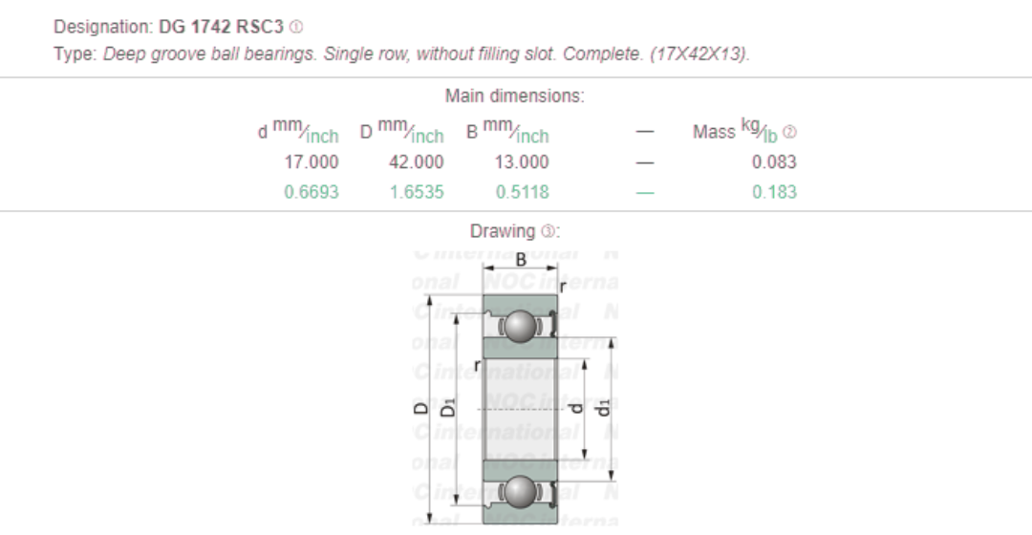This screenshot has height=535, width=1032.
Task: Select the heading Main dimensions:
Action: pyautogui.click(x=515, y=96)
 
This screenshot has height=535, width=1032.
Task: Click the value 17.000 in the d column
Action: pyautogui.click(x=311, y=162)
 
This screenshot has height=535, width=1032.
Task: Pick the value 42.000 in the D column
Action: pyautogui.click(x=416, y=162)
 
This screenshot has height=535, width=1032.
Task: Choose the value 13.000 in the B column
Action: pyautogui.click(x=521, y=162)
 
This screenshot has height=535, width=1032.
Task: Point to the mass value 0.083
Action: pyautogui.click(x=774, y=162)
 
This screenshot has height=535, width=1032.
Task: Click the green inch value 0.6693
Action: pyautogui.click(x=311, y=192)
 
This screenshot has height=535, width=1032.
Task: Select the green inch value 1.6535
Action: pyautogui.click(x=416, y=192)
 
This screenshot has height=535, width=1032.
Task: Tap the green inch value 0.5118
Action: pyautogui.click(x=522, y=192)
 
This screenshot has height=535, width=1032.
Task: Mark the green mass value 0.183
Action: pyautogui.click(x=774, y=192)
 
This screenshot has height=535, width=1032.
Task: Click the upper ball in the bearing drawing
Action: pyautogui.click(x=521, y=326)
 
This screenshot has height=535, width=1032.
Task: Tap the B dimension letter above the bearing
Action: pyautogui.click(x=521, y=260)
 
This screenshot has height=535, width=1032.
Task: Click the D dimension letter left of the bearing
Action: pyautogui.click(x=420, y=409)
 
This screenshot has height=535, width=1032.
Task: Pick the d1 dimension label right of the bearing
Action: pyautogui.click(x=603, y=409)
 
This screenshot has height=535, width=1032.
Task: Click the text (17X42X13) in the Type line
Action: pyautogui.click(x=699, y=53)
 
